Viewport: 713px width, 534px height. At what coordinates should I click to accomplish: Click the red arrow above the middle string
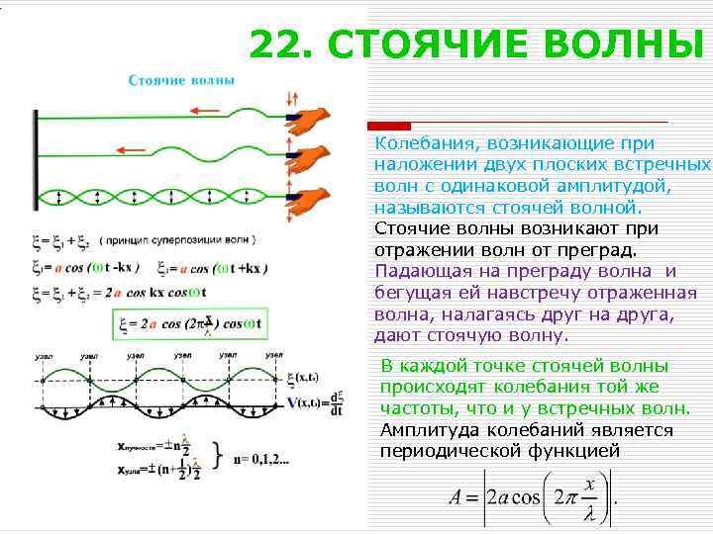click(x=132, y=149)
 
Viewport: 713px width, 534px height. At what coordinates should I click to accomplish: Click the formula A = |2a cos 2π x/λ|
click(x=535, y=495)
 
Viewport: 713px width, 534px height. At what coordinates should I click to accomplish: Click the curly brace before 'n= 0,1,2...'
click(x=216, y=458)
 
